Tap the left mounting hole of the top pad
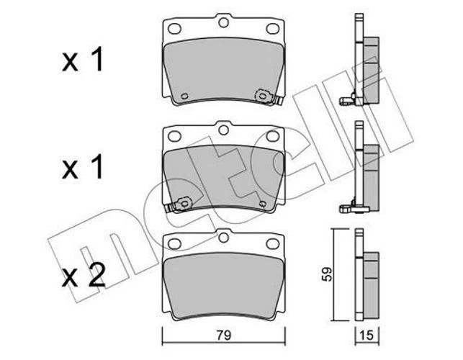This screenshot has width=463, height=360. pyautogui.click(x=174, y=30)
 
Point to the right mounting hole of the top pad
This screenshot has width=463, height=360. pyautogui.click(x=272, y=30)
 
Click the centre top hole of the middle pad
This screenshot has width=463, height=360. pyautogui.click(x=223, y=130)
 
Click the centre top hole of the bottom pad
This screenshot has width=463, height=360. pyautogui.click(x=223, y=235)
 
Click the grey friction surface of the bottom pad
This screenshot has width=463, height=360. pyautogui.click(x=223, y=284)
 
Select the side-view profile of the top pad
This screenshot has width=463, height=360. pyautogui.click(x=363, y=65)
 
